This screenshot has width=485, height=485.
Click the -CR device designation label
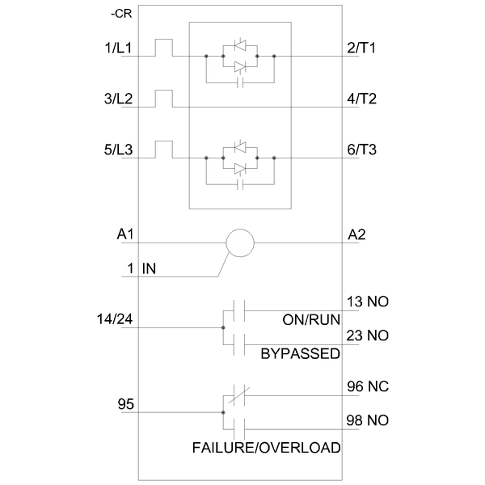pyautogui.click(x=121, y=14)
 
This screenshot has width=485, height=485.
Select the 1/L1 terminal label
pyautogui.click(x=118, y=48)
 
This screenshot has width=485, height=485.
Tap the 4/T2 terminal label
pyautogui.click(x=361, y=99)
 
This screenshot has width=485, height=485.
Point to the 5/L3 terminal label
pyautogui.click(x=118, y=150)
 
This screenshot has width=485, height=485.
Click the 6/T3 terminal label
pyautogui.click(x=361, y=150)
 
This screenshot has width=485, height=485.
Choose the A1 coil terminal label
pyautogui.click(x=125, y=234)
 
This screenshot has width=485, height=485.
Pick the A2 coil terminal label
pyautogui.click(x=356, y=235)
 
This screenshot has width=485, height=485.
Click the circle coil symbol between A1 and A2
pyautogui.click(x=240, y=230)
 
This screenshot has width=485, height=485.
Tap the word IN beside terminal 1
pyautogui.click(x=149, y=268)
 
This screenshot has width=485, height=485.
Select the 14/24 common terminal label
pyautogui.click(x=115, y=319)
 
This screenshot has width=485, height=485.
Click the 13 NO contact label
pyautogui.click(x=368, y=302)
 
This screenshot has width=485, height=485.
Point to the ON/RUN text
pyautogui.click(x=311, y=320)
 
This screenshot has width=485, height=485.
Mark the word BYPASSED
pyautogui.click(x=301, y=354)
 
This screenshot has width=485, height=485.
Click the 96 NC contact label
pyautogui.click(x=368, y=386)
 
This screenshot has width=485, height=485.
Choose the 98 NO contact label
pyautogui.click(x=368, y=420)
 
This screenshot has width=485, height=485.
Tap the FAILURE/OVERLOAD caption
pyautogui.click(x=266, y=448)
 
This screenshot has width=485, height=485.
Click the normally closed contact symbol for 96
pyautogui.click(x=239, y=395)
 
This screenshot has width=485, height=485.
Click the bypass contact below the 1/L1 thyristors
pyautogui.click(x=240, y=82)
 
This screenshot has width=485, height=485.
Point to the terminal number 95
pyautogui.click(x=125, y=404)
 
